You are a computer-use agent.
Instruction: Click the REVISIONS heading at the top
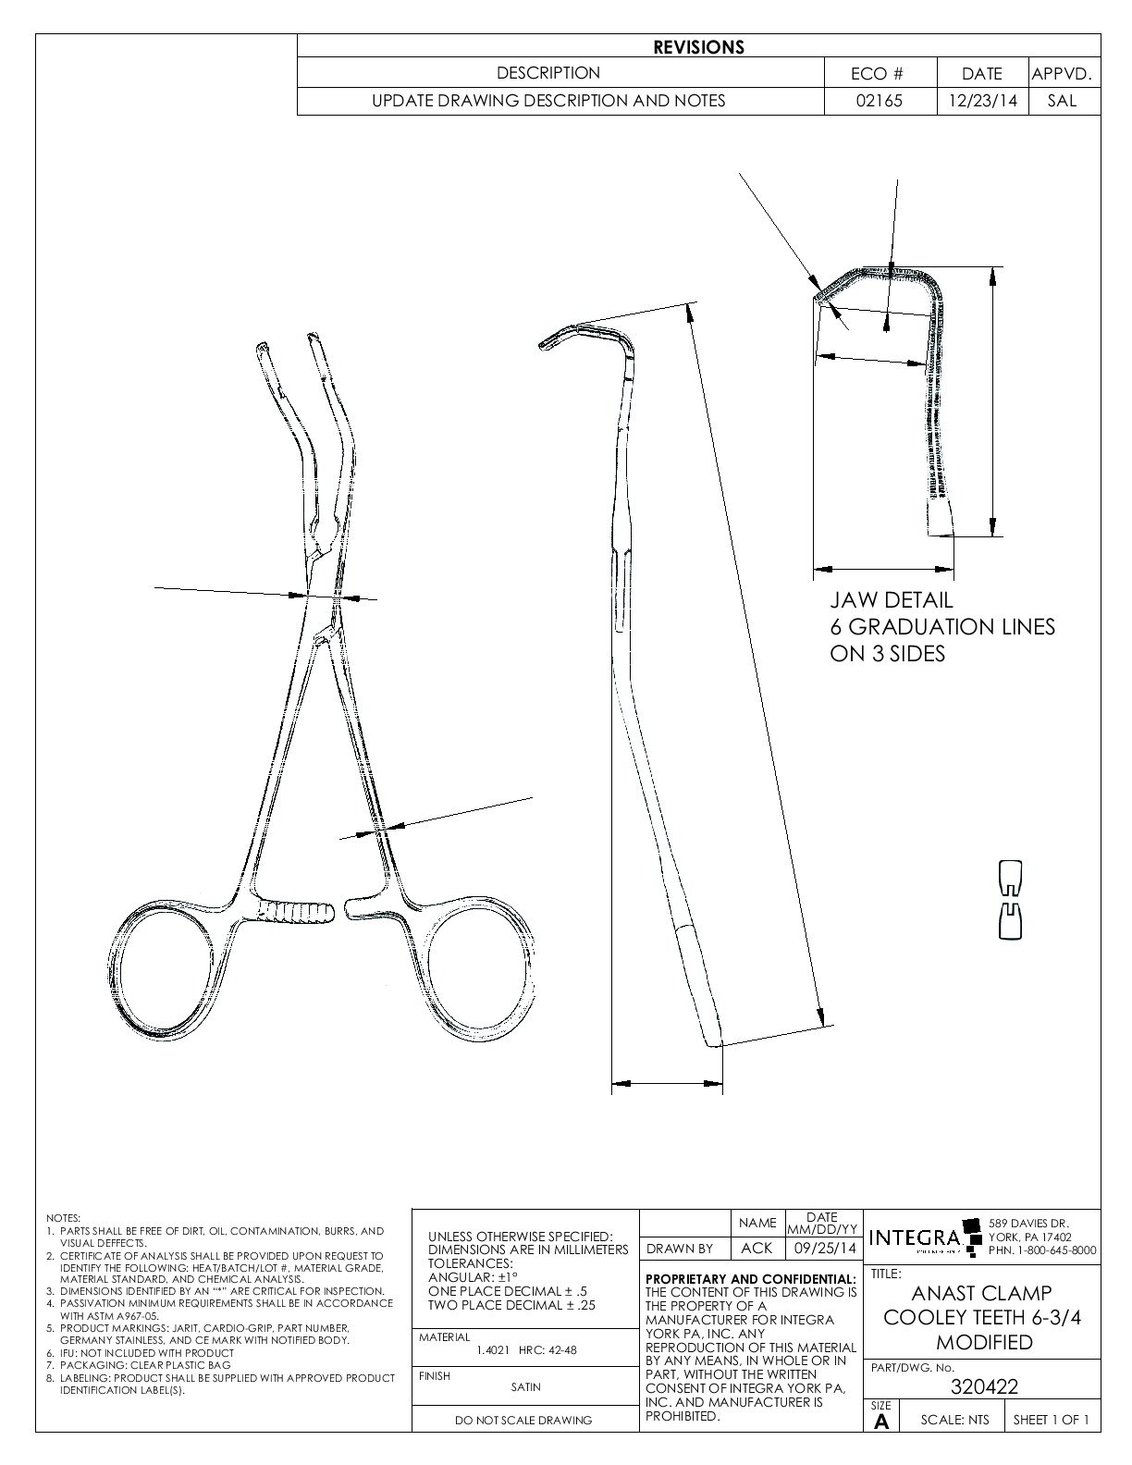pos(698,47)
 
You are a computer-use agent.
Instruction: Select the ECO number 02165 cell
pos(879,101)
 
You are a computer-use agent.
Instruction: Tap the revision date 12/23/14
pos(982,101)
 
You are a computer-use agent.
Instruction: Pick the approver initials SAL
pos(1063,101)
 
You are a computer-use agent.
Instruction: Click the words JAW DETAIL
pos(891,600)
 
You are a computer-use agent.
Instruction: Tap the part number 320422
pos(984,1386)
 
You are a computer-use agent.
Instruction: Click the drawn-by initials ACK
pos(757,1248)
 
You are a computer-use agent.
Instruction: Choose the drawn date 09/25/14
pos(822,1248)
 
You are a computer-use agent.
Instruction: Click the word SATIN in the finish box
pos(525,1386)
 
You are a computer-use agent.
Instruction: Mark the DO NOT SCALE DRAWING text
pos(524,1421)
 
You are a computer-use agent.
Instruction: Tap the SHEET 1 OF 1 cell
pos(1051,1420)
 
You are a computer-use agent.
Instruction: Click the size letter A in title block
pos(881,1422)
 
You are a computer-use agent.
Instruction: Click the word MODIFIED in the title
pos(984,1342)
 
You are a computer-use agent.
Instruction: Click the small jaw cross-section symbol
pos(1011,900)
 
